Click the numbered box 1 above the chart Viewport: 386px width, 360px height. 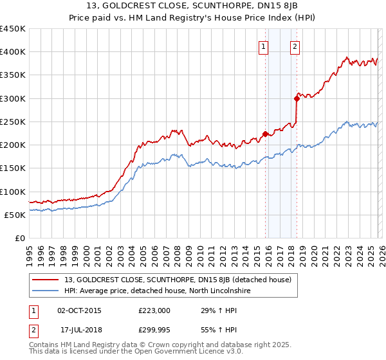click(264, 46)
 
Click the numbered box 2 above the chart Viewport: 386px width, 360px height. click(295, 46)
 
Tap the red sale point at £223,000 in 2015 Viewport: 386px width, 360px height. click(265, 134)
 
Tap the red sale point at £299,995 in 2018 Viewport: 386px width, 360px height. click(297, 98)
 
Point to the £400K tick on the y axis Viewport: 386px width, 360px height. click(13, 52)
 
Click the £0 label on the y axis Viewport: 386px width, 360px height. click(19, 239)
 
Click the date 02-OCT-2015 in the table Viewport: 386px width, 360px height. click(79, 310)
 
